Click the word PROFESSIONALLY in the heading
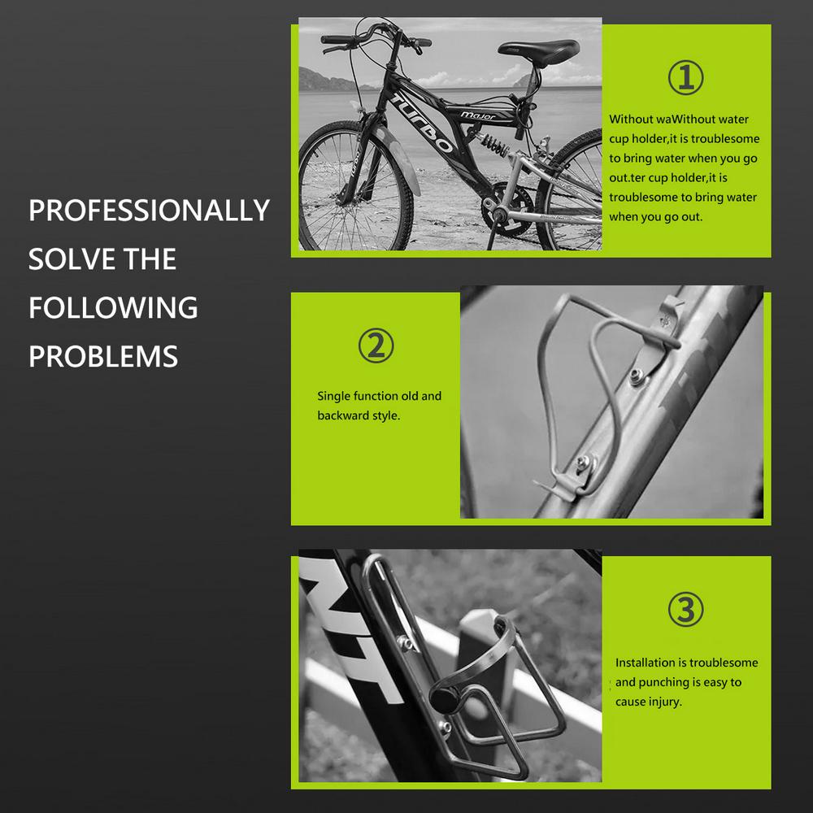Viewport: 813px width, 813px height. coord(149,210)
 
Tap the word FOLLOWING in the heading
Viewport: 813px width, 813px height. coord(113,307)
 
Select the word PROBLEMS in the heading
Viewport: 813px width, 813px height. coord(103,356)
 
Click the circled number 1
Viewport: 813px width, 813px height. coord(685,78)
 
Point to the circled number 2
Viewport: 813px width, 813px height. coord(376,346)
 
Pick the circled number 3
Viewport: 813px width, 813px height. coord(685,609)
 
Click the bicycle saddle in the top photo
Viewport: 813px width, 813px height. coord(538,50)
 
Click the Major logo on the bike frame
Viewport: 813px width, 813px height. coord(477,115)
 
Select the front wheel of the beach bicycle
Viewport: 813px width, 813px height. coord(355,187)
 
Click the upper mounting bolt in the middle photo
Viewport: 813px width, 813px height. coord(637,376)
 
